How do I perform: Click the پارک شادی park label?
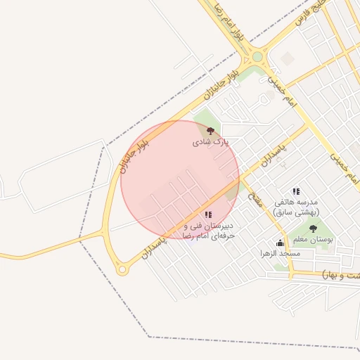click(x=211, y=142)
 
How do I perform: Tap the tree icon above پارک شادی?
click(x=210, y=130)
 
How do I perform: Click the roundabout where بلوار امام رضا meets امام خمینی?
click(x=257, y=57)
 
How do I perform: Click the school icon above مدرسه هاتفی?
click(x=296, y=191)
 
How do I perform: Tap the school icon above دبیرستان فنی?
click(x=207, y=214)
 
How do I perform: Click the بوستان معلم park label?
click(x=314, y=240)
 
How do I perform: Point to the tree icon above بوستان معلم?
click(x=313, y=229)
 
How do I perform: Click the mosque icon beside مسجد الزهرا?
click(x=280, y=243)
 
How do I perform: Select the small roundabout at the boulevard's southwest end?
click(x=122, y=269)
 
